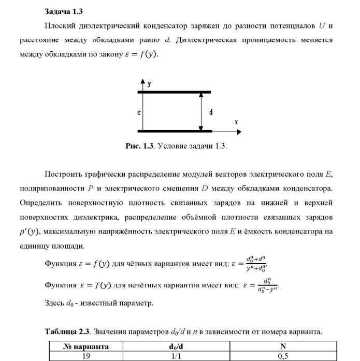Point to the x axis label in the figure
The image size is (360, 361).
tap(236, 122)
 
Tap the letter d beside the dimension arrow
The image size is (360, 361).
tap(210, 111)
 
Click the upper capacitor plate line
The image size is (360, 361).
tap(174, 92)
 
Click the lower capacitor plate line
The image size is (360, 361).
tap(174, 131)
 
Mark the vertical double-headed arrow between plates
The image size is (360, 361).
tap(200, 111)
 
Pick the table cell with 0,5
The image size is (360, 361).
tap(283, 356)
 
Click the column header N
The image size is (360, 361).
tap(283, 346)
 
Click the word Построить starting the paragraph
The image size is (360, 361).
tap(62, 174)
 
